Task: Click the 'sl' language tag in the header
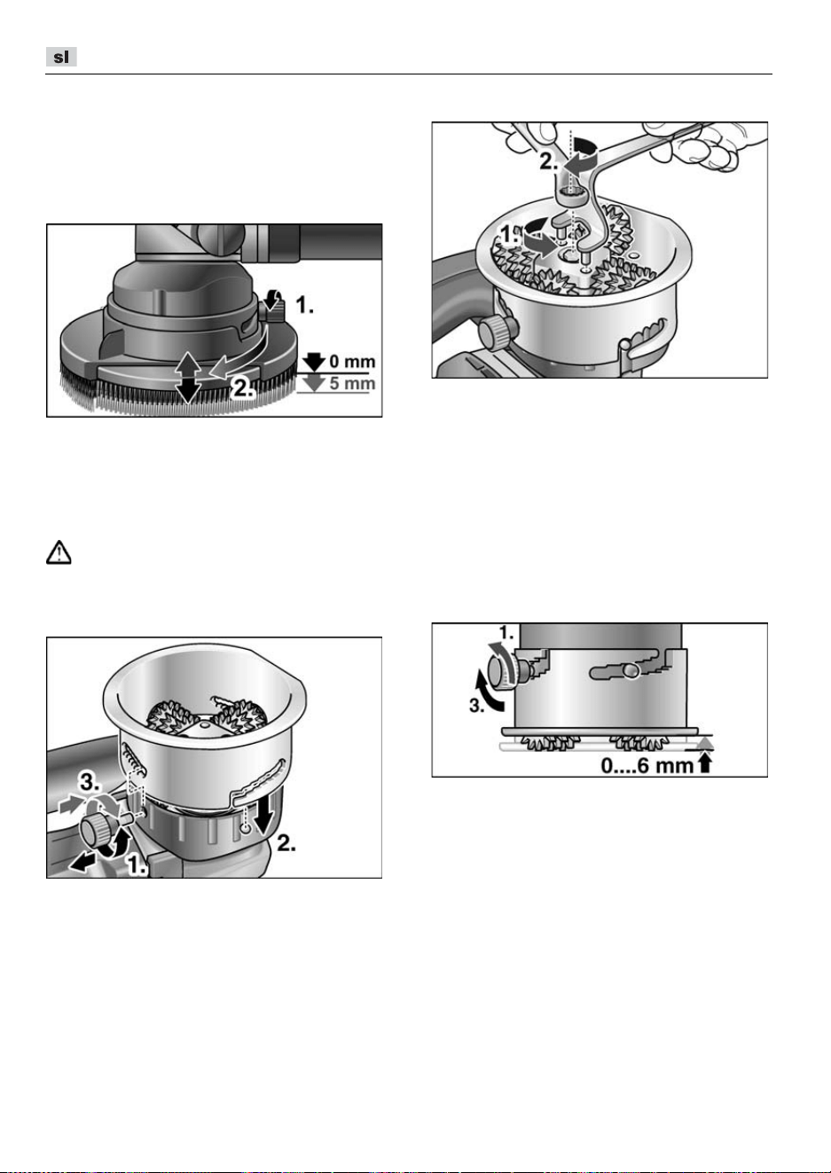tap(61, 57)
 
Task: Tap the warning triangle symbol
tap(59, 552)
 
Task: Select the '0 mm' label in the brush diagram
tap(352, 362)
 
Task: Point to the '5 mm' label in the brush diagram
tap(352, 383)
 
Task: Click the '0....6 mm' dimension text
tap(647, 765)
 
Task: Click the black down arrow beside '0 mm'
tap(314, 362)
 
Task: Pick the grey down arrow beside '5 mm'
tap(314, 383)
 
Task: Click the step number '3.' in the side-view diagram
tap(477, 706)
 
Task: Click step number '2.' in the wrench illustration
tap(549, 162)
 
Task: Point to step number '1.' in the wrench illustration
tap(509, 235)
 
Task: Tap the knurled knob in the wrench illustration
tap(498, 331)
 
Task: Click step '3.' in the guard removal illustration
tap(90, 782)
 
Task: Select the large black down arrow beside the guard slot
tap(263, 814)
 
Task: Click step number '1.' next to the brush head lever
tap(305, 305)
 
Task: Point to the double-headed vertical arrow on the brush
tap(188, 377)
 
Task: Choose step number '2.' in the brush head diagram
tap(243, 388)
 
